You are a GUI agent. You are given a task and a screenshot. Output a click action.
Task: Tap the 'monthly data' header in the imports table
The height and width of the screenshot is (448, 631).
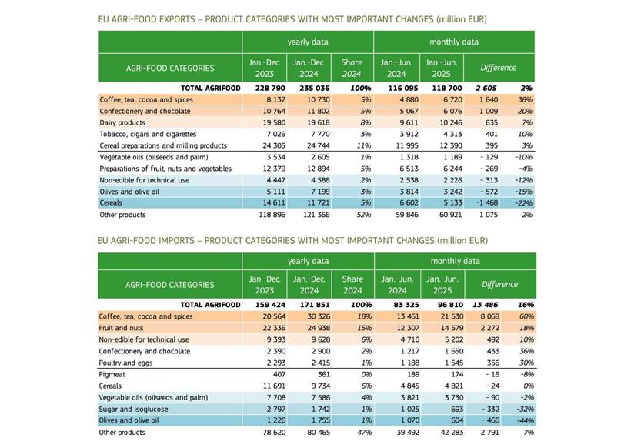coord(455,261)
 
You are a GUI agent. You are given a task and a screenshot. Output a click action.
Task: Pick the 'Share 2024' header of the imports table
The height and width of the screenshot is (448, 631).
coord(352,284)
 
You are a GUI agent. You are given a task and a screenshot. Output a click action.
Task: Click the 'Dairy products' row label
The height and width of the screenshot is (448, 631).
coord(122,122)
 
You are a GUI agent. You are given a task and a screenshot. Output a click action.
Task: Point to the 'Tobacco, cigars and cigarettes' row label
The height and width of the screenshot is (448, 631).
coord(148,134)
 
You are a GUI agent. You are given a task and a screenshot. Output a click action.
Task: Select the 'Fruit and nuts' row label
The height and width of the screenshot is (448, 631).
coord(122,328)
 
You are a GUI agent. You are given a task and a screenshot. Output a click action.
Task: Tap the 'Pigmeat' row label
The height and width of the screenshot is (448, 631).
coord(112,374)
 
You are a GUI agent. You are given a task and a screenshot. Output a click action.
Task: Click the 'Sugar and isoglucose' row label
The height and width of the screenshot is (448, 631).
coord(133,409)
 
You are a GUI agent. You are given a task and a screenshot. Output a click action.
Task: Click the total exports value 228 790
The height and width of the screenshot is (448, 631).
coord(264,89)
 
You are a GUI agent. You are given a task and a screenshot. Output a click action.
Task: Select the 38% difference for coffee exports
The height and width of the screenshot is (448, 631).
coord(525,99)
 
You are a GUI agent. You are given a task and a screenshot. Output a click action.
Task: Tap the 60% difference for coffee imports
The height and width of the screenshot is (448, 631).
coord(526,316)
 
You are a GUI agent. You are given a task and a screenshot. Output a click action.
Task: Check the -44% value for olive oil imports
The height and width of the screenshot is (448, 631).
coord(525,420)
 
